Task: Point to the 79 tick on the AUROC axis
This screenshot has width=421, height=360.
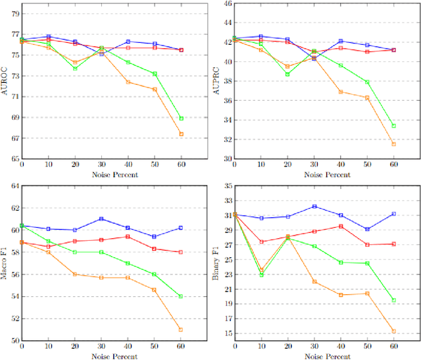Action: click(x=14, y=13)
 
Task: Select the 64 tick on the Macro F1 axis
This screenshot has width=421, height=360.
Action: click(x=14, y=186)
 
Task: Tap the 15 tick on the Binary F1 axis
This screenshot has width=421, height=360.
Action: click(x=227, y=333)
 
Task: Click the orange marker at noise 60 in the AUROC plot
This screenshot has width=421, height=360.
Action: click(x=181, y=134)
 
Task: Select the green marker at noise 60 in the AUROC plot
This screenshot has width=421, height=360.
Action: click(x=181, y=118)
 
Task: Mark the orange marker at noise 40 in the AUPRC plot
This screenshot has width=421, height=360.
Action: click(x=341, y=91)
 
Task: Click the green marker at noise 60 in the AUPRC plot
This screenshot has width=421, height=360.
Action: click(x=393, y=126)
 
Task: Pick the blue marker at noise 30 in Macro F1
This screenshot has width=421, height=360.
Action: click(x=101, y=219)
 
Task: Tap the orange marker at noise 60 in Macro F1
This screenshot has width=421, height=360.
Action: click(x=181, y=330)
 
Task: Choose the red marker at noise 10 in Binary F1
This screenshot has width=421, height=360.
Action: click(x=261, y=242)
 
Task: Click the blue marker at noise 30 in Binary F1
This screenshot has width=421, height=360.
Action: click(x=314, y=206)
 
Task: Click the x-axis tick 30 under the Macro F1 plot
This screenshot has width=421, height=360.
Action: click(x=101, y=346)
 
